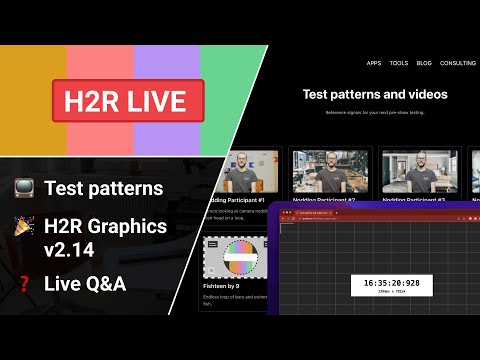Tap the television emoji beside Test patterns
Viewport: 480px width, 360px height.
point(24,188)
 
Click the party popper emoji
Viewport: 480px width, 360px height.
point(24,226)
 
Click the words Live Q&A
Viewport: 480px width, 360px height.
point(85,285)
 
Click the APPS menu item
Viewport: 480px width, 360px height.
point(373,63)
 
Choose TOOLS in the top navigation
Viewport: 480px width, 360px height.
point(399,63)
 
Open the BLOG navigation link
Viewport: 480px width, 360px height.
point(424,63)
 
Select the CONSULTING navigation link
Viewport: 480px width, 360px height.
point(457,63)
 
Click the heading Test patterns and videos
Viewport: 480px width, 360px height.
point(375,95)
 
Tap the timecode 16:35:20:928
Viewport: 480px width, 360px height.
point(386,283)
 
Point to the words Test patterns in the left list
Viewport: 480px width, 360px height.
point(103,188)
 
